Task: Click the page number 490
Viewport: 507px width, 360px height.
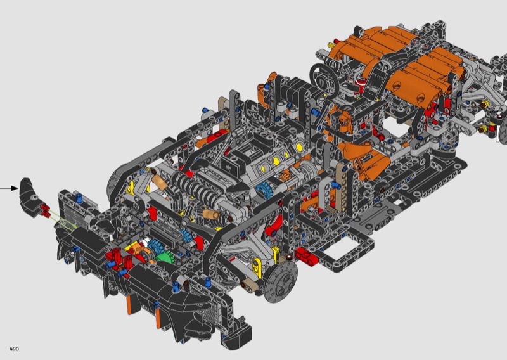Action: coord(14,349)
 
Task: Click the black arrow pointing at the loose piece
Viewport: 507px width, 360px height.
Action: coord(9,188)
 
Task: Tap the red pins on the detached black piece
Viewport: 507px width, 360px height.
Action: coord(44,209)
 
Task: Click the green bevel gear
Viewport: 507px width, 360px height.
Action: coord(165,258)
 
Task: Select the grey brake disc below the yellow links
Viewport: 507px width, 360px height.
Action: coord(280,280)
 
